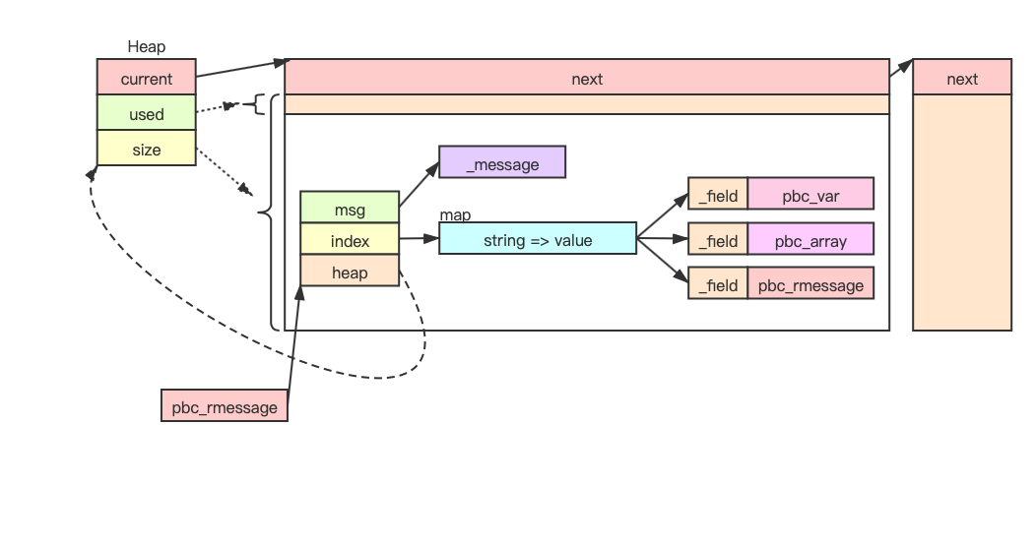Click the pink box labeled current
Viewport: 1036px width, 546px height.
click(146, 79)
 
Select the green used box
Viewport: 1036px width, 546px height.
click(146, 114)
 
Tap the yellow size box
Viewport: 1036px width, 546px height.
click(146, 150)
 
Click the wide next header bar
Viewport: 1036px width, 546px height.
click(587, 79)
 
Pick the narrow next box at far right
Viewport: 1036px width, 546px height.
click(962, 79)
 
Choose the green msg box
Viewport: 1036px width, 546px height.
click(350, 210)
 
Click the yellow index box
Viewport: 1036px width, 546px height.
click(350, 241)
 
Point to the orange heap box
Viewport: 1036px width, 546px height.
click(350, 272)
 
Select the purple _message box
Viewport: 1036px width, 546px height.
click(502, 163)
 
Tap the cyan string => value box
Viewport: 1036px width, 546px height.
click(538, 239)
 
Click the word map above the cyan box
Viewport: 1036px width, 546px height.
click(455, 214)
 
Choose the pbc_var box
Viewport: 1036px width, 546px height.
click(810, 195)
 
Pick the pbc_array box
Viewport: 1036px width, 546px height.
click(810, 240)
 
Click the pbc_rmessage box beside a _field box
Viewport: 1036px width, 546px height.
click(810, 284)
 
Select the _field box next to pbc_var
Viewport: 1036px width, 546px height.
click(718, 195)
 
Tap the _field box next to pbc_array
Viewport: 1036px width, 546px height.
click(718, 240)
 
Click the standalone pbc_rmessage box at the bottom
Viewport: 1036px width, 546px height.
click(225, 405)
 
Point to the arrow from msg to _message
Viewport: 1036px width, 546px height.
click(419, 186)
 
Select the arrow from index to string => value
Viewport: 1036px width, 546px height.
click(419, 238)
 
